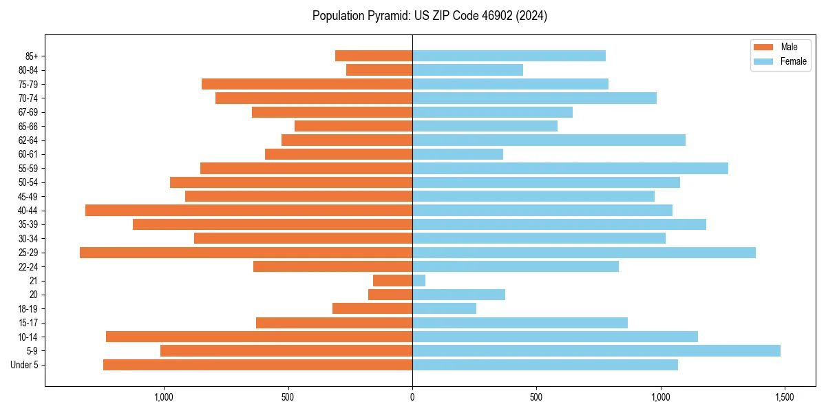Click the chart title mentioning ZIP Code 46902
point(430,16)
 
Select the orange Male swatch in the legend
point(764,47)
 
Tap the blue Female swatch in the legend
point(764,61)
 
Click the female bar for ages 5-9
point(596,350)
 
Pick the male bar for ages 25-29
point(246,253)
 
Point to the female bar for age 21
point(419,280)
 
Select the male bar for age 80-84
point(379,70)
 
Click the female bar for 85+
point(509,56)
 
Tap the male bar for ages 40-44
point(248,210)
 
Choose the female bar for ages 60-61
point(458,154)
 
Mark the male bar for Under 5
point(257,365)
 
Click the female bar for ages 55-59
point(570,168)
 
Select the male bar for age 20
point(390,295)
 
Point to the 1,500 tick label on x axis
point(785,397)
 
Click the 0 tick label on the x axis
point(412,397)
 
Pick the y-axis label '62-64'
point(28,140)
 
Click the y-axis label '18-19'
point(28,308)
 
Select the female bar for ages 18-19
point(444,308)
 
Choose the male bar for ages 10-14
point(259,337)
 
